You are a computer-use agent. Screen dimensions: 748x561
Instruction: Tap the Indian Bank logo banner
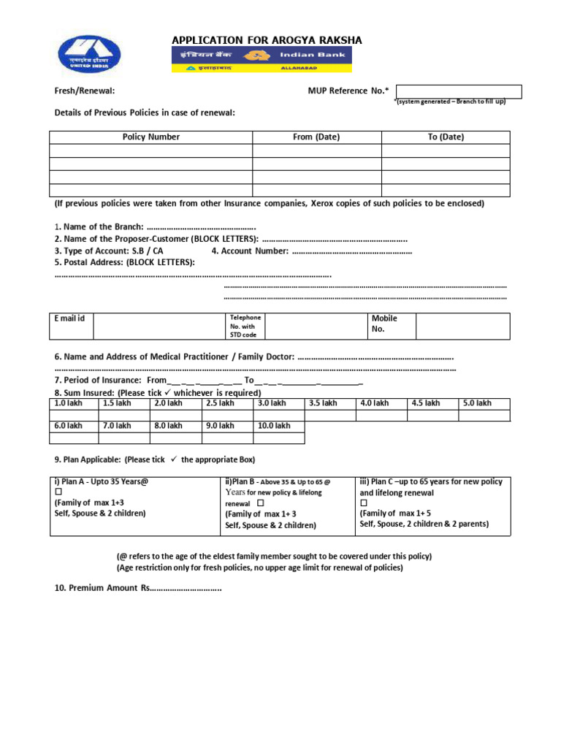pyautogui.click(x=262, y=59)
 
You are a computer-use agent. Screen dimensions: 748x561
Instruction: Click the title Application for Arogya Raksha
pyautogui.click(x=267, y=40)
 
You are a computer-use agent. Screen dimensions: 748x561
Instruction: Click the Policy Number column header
pyautogui.click(x=151, y=137)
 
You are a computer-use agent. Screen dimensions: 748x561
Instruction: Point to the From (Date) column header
pyautogui.click(x=316, y=137)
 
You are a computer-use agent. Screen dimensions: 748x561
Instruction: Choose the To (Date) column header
pyautogui.click(x=446, y=137)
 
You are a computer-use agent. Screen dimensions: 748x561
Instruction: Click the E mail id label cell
pyautogui.click(x=71, y=319)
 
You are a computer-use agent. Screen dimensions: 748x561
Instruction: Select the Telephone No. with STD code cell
pyautogui.click(x=245, y=327)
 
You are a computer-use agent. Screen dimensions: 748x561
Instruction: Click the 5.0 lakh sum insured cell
pyautogui.click(x=483, y=403)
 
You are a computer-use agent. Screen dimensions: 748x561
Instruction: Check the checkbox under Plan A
pyautogui.click(x=58, y=492)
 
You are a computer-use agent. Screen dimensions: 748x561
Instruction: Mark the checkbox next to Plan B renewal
pyautogui.click(x=261, y=503)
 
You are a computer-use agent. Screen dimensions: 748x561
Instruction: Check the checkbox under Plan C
pyautogui.click(x=364, y=503)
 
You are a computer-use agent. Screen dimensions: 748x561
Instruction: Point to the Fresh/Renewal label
pyautogui.click(x=85, y=91)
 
